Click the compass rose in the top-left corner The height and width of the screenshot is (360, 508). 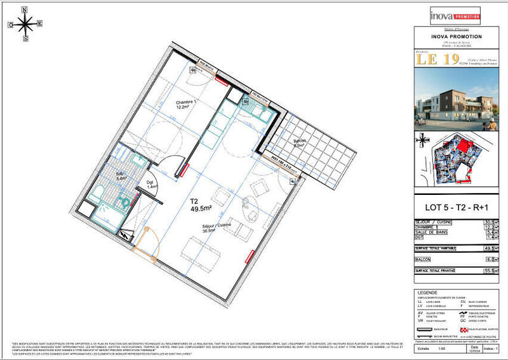(25, 25)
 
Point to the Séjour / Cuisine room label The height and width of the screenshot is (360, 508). (218, 228)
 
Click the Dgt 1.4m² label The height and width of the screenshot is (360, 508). (151, 185)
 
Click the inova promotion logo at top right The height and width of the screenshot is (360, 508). (456, 14)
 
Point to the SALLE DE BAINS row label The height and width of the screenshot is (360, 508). (432, 232)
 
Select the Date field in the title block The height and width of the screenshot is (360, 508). (473, 349)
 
